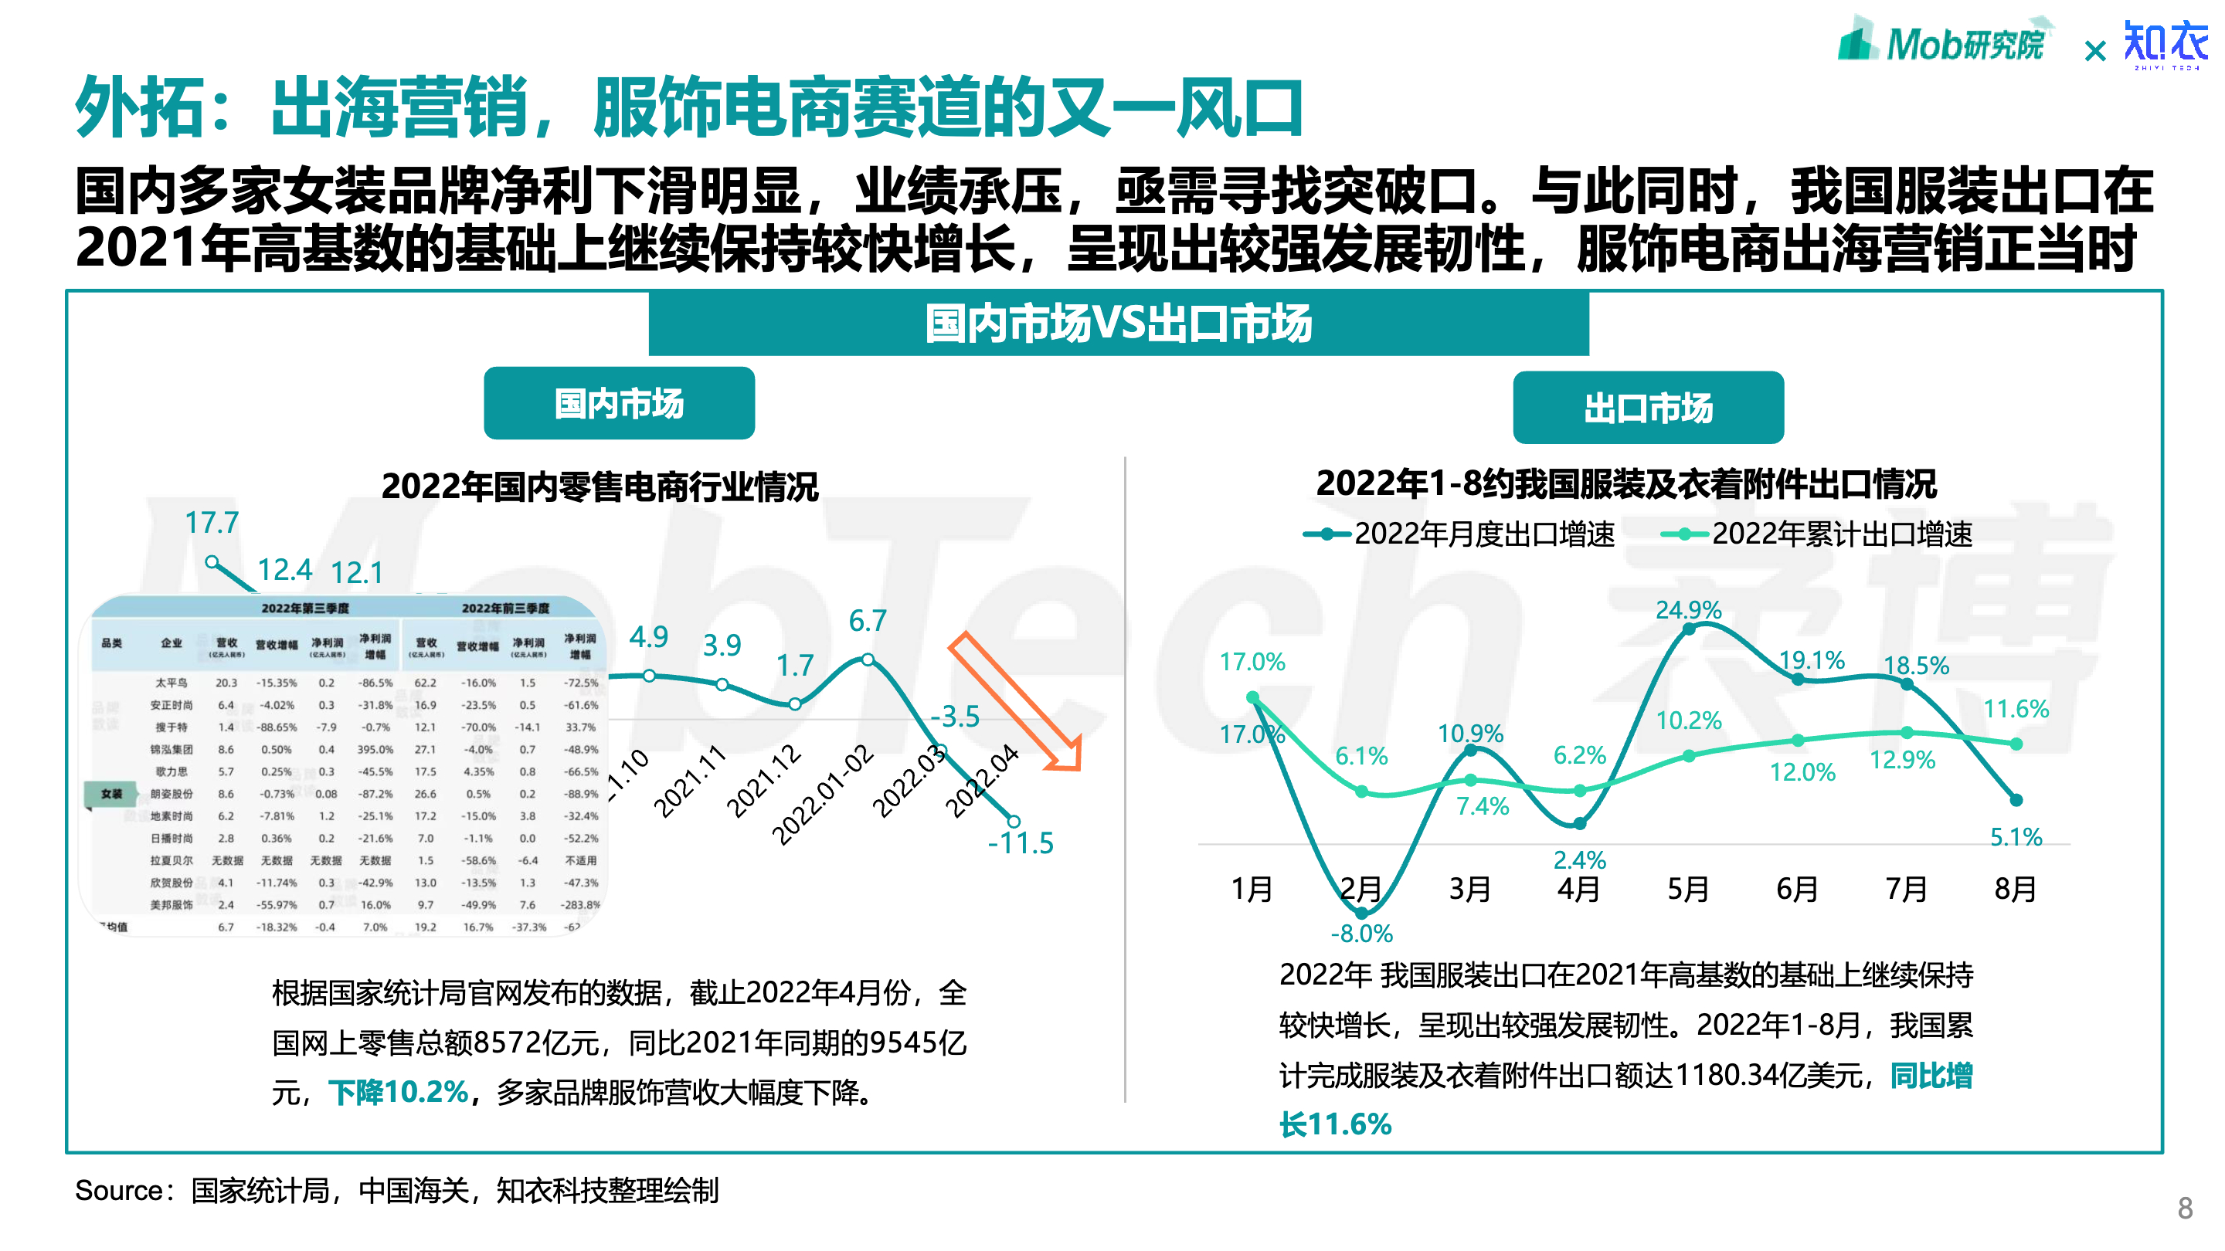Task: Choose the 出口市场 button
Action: [x=1647, y=408]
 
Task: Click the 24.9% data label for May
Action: [x=1688, y=609]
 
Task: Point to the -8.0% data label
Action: [x=1361, y=934]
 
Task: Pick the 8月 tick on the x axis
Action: [x=2015, y=888]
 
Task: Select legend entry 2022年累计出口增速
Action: [x=1818, y=534]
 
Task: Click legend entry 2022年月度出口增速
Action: [x=1459, y=534]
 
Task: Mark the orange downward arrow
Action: [x=1016, y=701]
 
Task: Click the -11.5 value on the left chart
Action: [x=1020, y=842]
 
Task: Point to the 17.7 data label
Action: [x=212, y=522]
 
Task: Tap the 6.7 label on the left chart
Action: [x=867, y=620]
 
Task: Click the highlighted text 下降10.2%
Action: [x=397, y=1092]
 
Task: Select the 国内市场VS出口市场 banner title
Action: [x=1118, y=324]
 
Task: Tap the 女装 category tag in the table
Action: [x=110, y=793]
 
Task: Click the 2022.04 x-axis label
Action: [x=983, y=781]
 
